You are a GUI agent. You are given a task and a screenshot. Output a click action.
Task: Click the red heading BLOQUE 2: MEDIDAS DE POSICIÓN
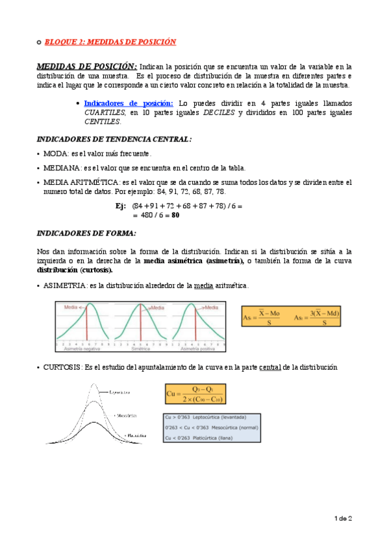tap(110, 42)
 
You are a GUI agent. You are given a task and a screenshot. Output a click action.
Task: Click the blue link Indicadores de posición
tap(129, 103)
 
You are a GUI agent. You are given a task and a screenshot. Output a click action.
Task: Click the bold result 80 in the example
tap(175, 216)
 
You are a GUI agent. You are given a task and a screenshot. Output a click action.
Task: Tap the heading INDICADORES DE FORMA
tap(86, 233)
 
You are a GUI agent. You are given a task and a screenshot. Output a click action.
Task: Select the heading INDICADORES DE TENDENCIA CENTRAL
tap(114, 139)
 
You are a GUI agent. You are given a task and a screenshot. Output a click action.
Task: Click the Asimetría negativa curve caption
tap(82, 348)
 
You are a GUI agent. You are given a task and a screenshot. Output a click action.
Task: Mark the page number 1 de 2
tap(343, 519)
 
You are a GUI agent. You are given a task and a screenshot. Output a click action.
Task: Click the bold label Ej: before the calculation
tap(120, 206)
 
